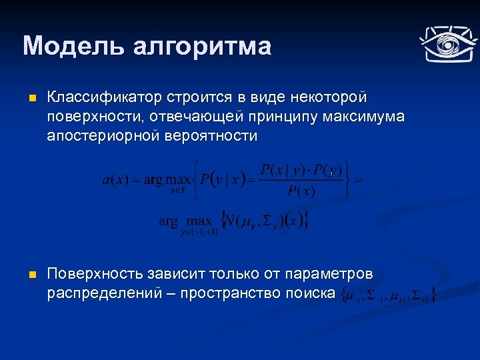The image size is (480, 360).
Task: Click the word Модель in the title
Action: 72,46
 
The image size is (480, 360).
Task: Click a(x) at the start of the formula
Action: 115,179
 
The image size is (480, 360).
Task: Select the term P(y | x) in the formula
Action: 223,179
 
